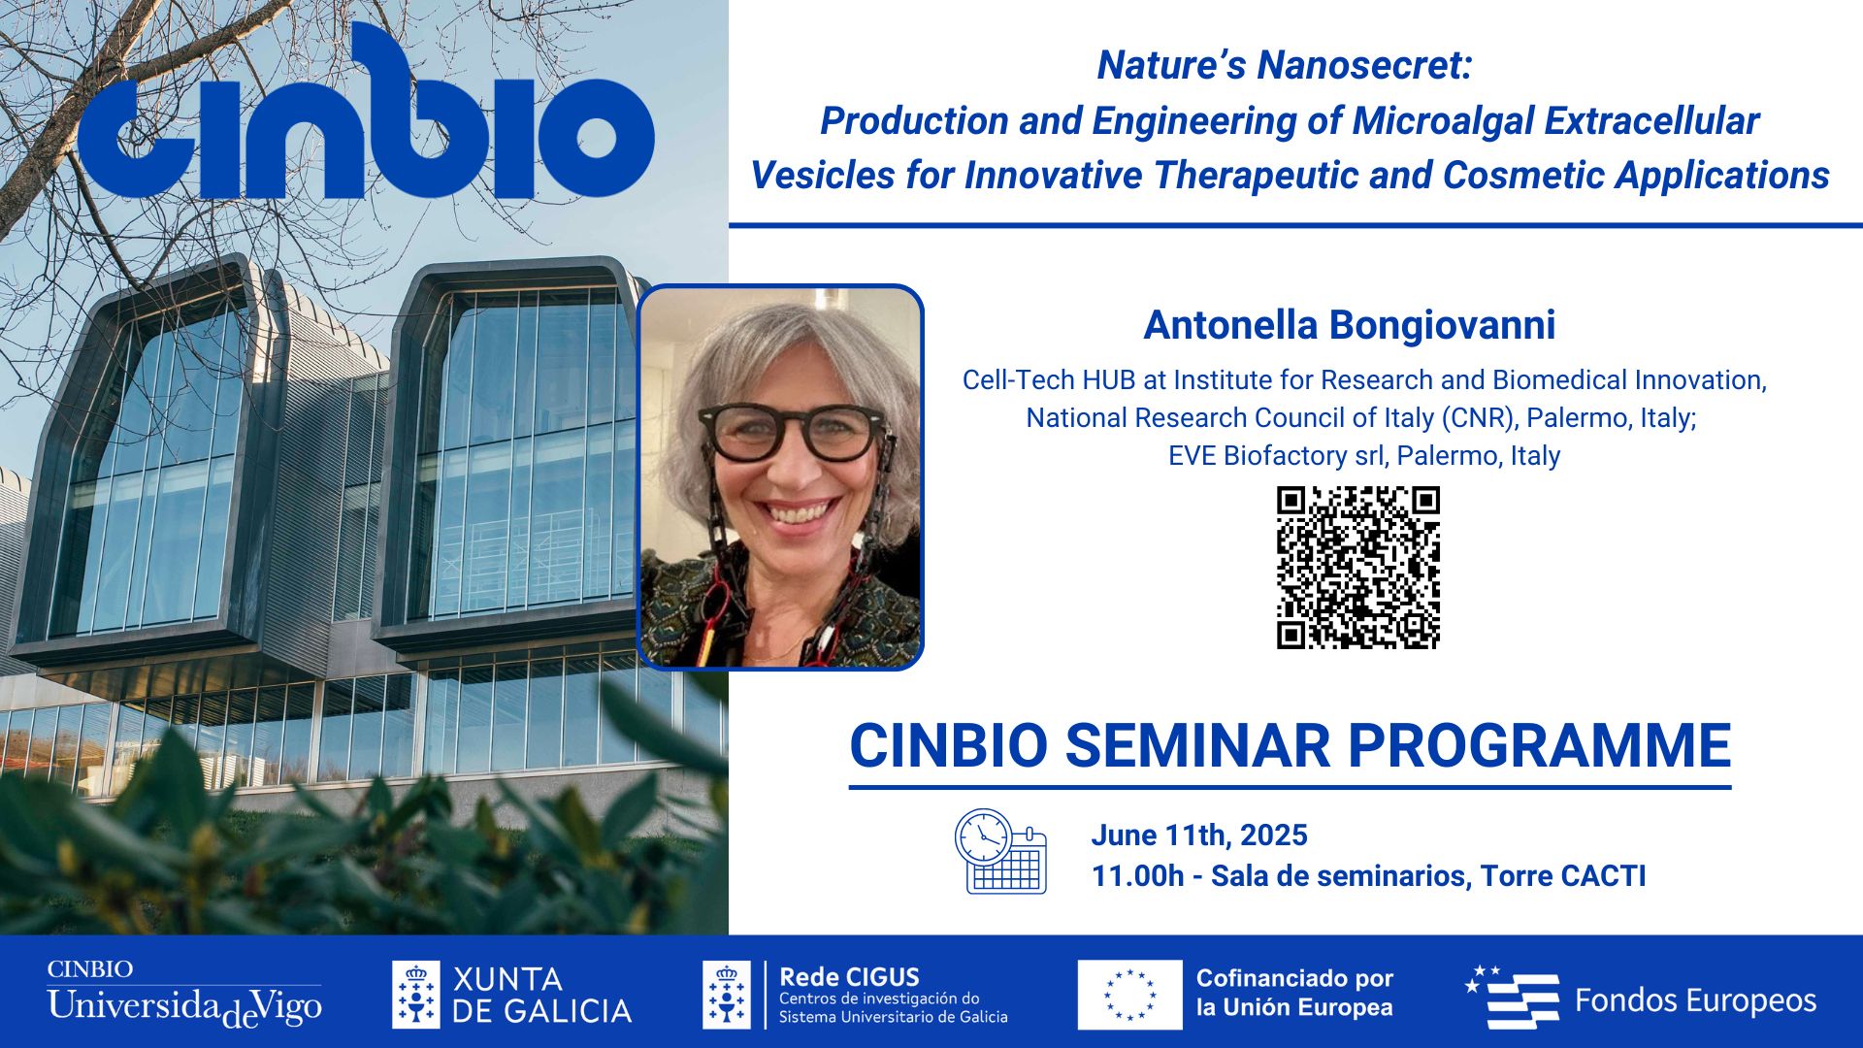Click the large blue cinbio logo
pos(366,114)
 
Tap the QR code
pos(1357,568)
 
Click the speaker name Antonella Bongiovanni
pos(1350,325)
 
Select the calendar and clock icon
pos(1000,851)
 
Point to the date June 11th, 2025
pos(1199,835)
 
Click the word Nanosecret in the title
pos(1364,65)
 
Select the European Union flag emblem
pos(1129,995)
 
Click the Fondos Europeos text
pos(1695,1000)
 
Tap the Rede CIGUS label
pos(849,977)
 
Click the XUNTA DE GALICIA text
pos(541,995)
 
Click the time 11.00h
pos(1137,875)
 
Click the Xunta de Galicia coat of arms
pos(416,995)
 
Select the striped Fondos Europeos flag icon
pos(1512,998)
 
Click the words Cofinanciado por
pos(1294,978)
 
